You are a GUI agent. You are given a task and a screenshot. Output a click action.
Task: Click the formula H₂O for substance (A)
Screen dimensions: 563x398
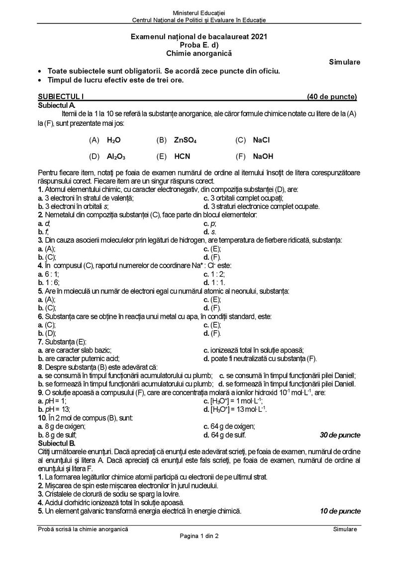(114, 140)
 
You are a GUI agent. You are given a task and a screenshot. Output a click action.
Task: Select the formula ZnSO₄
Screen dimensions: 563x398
(185, 140)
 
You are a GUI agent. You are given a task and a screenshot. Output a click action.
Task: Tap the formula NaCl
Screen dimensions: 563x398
(261, 140)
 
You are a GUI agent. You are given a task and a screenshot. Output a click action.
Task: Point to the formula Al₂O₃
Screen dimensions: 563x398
(116, 156)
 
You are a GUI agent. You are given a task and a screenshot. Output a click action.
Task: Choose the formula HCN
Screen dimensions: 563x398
(183, 156)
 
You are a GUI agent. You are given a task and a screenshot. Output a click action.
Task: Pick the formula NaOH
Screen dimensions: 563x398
(263, 156)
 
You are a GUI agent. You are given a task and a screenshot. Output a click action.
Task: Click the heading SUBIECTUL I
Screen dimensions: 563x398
(59, 97)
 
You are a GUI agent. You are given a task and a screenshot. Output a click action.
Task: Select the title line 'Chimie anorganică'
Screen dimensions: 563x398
(199, 53)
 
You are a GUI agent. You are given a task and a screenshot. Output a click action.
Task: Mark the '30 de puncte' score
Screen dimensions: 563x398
(340, 435)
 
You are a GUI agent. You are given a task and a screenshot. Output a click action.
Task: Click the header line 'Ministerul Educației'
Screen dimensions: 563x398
(199, 12)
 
